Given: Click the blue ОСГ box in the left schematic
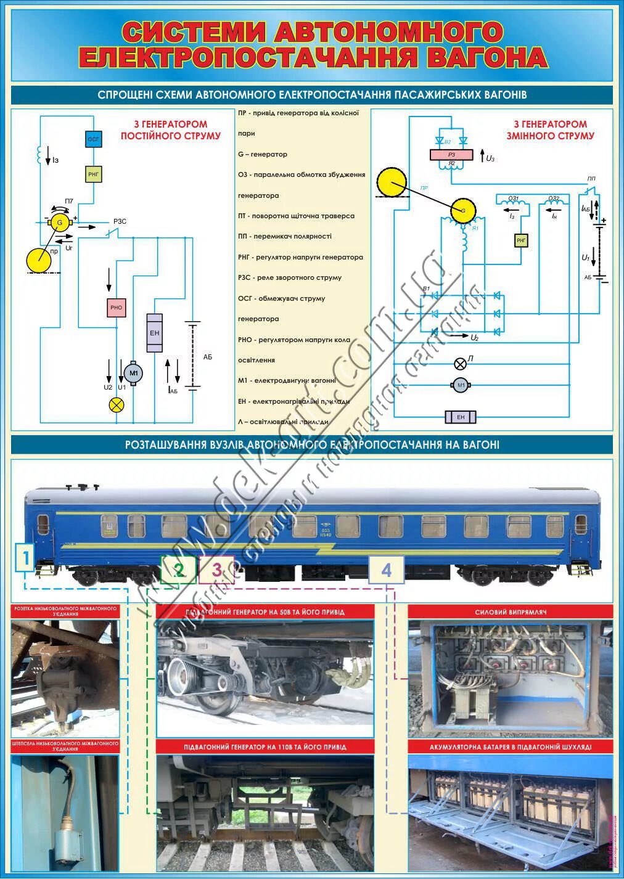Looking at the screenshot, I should (x=93, y=139).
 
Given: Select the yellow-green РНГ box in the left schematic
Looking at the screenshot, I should (x=93, y=175).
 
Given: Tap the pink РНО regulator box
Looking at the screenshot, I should (x=116, y=308).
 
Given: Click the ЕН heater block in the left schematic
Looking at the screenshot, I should (x=155, y=333).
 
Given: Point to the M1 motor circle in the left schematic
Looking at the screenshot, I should (x=133, y=373).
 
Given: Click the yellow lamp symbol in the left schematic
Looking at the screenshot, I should (x=116, y=404).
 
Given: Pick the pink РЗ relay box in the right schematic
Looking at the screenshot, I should (x=451, y=155).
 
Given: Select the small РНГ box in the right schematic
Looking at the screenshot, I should (x=522, y=240).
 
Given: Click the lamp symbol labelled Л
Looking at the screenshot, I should (x=459, y=362).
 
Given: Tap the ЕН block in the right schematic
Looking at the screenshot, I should (x=461, y=417).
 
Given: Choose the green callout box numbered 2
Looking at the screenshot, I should (x=178, y=570).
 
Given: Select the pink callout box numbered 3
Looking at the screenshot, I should (x=216, y=570).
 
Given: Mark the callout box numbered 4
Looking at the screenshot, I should (x=387, y=570).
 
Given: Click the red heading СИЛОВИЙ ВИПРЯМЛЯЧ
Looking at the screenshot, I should (x=511, y=612).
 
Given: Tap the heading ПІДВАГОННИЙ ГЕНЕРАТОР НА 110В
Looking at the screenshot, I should (x=265, y=747).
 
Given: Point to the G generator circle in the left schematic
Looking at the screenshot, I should (x=60, y=222).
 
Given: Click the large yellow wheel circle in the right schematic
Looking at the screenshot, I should (x=392, y=181).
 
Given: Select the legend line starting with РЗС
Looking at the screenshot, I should (x=290, y=277).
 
